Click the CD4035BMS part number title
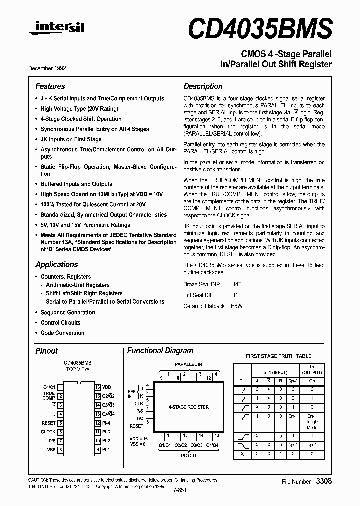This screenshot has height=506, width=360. click(260, 27)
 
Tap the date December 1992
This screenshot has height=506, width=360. click(47, 68)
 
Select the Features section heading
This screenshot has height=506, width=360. click(50, 86)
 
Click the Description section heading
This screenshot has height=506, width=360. click(203, 86)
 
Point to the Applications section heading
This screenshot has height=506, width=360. click(56, 264)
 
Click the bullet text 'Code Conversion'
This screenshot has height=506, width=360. click(62, 333)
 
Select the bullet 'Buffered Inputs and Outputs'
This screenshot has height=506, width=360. click(76, 184)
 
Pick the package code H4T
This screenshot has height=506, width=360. click(236, 283)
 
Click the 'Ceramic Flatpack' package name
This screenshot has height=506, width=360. click(204, 306)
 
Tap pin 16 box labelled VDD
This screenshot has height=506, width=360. click(98, 387)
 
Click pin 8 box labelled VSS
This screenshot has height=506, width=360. click(60, 450)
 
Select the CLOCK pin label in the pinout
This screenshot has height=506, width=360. click(48, 432)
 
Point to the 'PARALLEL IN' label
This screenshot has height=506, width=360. click(188, 365)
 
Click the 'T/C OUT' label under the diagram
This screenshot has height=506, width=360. click(188, 455)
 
